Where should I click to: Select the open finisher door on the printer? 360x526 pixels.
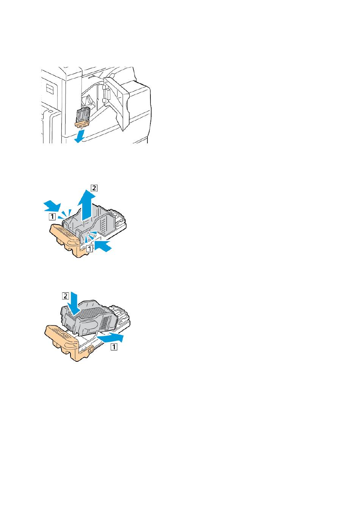click(117, 101)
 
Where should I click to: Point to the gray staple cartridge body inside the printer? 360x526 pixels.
click(83, 115)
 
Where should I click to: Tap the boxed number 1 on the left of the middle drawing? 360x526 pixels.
click(52, 216)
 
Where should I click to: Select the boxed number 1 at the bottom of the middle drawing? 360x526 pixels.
click(89, 248)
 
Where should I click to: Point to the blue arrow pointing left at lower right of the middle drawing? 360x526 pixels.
click(103, 246)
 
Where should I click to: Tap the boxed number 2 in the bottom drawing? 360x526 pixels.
click(65, 296)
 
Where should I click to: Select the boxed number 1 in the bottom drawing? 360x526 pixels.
click(114, 347)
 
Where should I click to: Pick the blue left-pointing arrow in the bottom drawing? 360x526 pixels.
click(110, 338)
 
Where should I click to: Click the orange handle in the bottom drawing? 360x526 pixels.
click(64, 343)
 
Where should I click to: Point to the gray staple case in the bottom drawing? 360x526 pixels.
click(89, 317)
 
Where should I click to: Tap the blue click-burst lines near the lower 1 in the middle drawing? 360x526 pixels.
click(90, 237)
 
